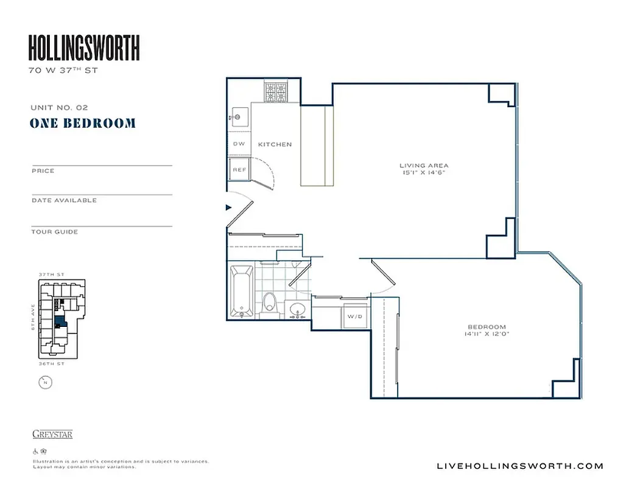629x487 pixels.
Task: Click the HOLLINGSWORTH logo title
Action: click(x=84, y=48)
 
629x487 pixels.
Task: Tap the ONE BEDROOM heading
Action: click(x=83, y=124)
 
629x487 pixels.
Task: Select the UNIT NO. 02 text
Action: click(x=59, y=107)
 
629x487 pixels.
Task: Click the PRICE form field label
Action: click(x=43, y=171)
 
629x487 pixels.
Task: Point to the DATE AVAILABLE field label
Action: click(x=64, y=200)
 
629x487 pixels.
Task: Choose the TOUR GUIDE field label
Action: click(x=55, y=232)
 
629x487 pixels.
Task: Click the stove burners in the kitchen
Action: click(x=275, y=93)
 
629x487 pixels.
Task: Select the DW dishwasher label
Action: click(x=239, y=144)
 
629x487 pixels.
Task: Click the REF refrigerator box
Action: click(x=239, y=169)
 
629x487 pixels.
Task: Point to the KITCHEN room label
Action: click(x=275, y=144)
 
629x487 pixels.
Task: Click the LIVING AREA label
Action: click(x=424, y=166)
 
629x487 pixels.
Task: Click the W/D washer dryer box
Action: click(x=354, y=317)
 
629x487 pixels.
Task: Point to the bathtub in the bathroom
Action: click(x=242, y=291)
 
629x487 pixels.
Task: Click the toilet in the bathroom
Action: click(x=270, y=302)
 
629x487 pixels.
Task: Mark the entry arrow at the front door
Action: click(x=229, y=208)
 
